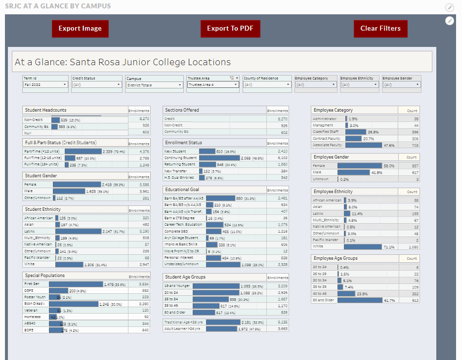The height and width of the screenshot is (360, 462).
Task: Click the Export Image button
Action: [80, 29]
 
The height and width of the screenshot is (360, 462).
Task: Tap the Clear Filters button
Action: [380, 29]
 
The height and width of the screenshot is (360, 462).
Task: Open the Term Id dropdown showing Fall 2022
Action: [45, 85]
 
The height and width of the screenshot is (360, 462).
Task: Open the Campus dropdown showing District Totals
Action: [154, 85]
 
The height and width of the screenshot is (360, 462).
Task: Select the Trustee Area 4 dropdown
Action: [212, 85]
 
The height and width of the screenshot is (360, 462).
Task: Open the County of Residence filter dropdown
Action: [267, 85]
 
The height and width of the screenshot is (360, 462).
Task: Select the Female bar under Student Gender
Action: [77, 184]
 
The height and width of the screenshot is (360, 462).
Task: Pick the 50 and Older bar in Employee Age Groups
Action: [360, 300]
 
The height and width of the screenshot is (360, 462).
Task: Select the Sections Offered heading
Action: [182, 110]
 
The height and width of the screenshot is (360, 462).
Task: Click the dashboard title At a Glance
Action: [123, 62]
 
